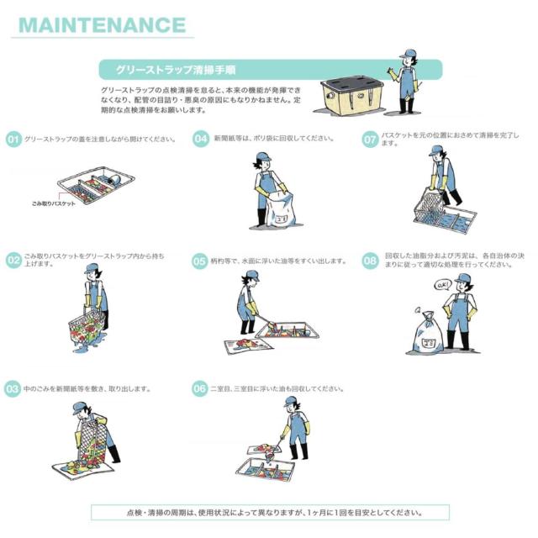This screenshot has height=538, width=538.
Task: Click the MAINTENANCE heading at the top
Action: (x=103, y=24)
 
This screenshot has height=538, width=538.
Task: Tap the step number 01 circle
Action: (x=13, y=140)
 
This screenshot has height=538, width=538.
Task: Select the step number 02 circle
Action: (x=13, y=261)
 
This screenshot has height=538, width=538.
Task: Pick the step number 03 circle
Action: (x=13, y=389)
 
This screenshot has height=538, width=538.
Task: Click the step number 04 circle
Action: (x=201, y=139)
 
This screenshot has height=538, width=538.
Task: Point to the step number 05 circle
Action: (x=200, y=261)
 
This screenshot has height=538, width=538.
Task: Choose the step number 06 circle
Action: (x=200, y=388)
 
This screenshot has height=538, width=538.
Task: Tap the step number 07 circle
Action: (x=370, y=140)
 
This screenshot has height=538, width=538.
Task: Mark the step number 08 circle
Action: (x=370, y=261)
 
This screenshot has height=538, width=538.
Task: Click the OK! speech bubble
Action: (x=441, y=284)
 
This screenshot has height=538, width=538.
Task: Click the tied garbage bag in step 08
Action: (x=428, y=332)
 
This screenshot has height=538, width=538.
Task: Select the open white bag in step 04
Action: (x=280, y=209)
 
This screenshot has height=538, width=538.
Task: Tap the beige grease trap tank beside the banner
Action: (x=352, y=95)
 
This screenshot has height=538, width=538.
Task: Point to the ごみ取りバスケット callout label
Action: (x=54, y=203)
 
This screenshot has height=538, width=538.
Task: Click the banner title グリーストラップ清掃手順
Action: (x=176, y=70)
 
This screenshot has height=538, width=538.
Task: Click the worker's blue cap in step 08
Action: (x=463, y=278)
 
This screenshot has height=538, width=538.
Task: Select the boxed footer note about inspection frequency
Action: (x=270, y=512)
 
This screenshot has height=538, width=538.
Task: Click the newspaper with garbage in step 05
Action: (x=249, y=345)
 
